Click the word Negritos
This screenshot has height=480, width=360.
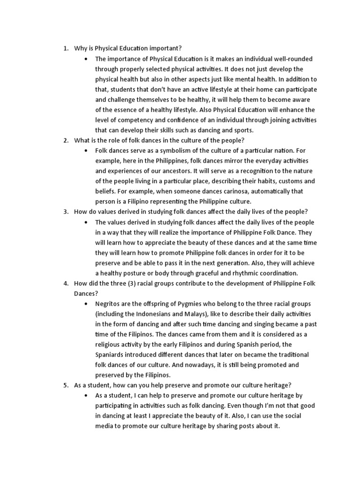[109, 304]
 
